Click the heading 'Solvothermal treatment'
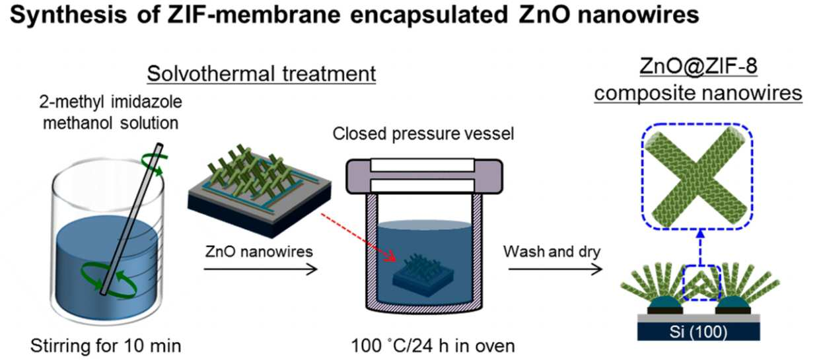262,74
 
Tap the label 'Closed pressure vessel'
423,133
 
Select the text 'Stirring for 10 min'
106,345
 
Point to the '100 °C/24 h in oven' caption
433,345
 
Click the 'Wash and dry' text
552,252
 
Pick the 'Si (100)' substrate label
698,332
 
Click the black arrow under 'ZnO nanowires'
260,270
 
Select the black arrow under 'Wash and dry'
555,270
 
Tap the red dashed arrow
359,237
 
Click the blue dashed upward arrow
700,247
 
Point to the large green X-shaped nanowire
696,176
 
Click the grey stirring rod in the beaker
131,219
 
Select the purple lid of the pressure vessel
425,176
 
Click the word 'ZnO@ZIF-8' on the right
698,66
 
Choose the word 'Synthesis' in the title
68,15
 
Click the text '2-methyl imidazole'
110,102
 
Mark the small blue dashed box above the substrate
702,282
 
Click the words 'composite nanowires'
698,93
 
